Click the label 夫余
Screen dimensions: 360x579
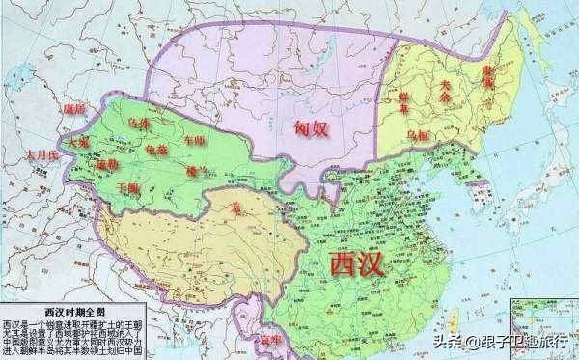[x=446, y=84]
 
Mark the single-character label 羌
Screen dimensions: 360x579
[x=234, y=204]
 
